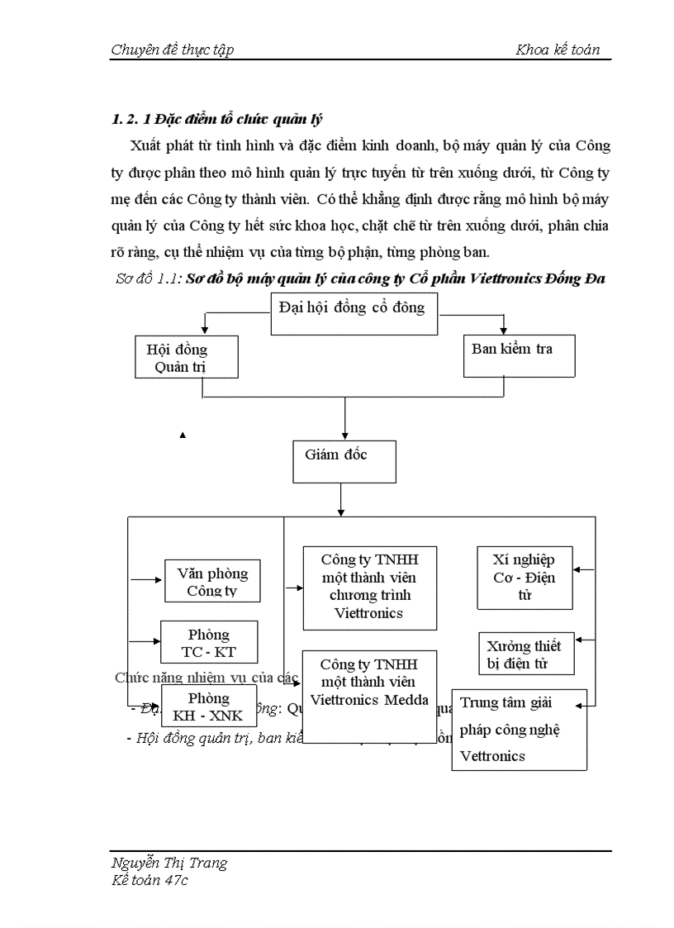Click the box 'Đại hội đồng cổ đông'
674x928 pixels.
tap(354, 312)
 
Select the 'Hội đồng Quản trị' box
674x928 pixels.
tap(187, 357)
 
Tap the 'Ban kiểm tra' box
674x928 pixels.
tap(519, 355)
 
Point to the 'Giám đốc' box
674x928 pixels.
tap(344, 461)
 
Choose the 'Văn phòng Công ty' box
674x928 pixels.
tap(211, 581)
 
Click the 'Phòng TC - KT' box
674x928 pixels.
tap(209, 642)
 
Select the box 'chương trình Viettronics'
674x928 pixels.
tap(368, 588)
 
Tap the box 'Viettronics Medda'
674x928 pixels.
tap(368, 696)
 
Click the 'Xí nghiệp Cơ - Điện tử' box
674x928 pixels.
tap(524, 578)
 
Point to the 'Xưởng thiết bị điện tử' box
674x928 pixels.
tap(524, 654)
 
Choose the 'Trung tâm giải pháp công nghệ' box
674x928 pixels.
tap(519, 729)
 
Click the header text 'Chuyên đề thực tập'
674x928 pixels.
tap(172, 50)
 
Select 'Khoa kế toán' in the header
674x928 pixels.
tap(558, 50)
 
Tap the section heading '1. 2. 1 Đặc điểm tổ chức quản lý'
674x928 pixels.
tap(216, 119)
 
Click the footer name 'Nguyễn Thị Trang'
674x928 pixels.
tap(169, 863)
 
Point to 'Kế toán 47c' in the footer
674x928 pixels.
tap(150, 880)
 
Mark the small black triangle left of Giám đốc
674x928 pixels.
tap(183, 435)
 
